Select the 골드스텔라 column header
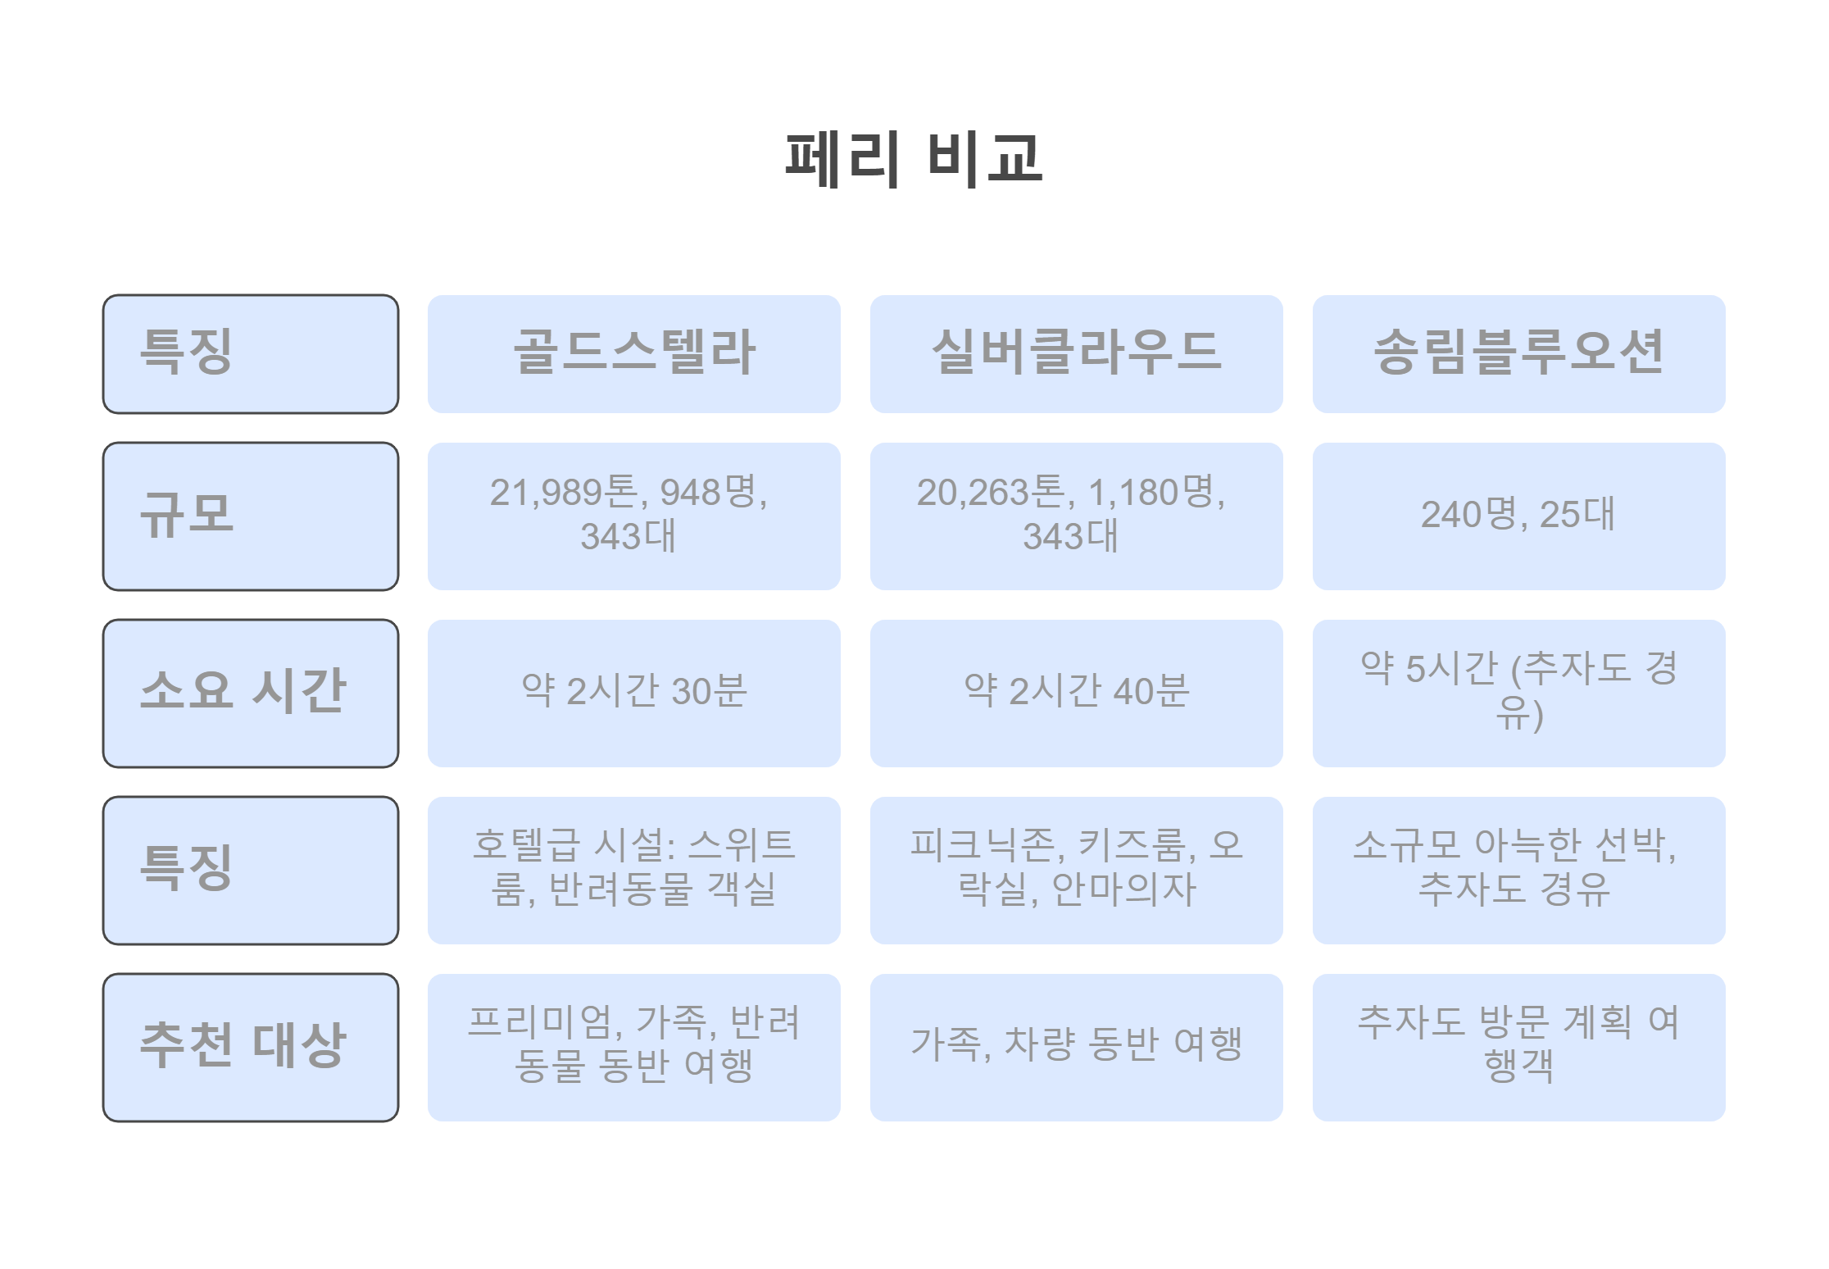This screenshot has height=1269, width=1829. pyautogui.click(x=633, y=353)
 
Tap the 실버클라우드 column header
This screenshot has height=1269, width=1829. pyautogui.click(x=1076, y=353)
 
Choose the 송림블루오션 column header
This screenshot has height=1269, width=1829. pyautogui.click(x=1518, y=353)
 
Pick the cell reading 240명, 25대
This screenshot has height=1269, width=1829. pyautogui.click(x=1518, y=516)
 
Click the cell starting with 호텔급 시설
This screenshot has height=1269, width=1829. pyautogui.click(x=633, y=868)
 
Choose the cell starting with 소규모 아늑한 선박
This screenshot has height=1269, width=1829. pyautogui.click(x=1518, y=868)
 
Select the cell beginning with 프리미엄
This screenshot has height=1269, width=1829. pyautogui.click(x=633, y=1045)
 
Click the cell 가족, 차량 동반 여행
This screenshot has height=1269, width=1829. pyautogui.click(x=1076, y=1045)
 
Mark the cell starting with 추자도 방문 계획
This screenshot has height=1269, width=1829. pyautogui.click(x=1518, y=1045)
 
